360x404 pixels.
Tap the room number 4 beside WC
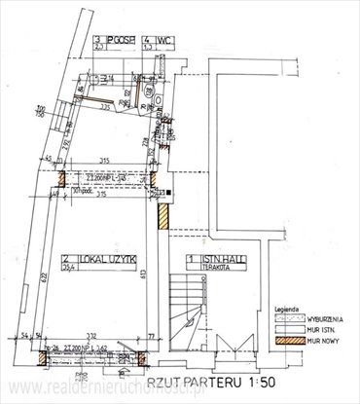pyautogui.click(x=146, y=41)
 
